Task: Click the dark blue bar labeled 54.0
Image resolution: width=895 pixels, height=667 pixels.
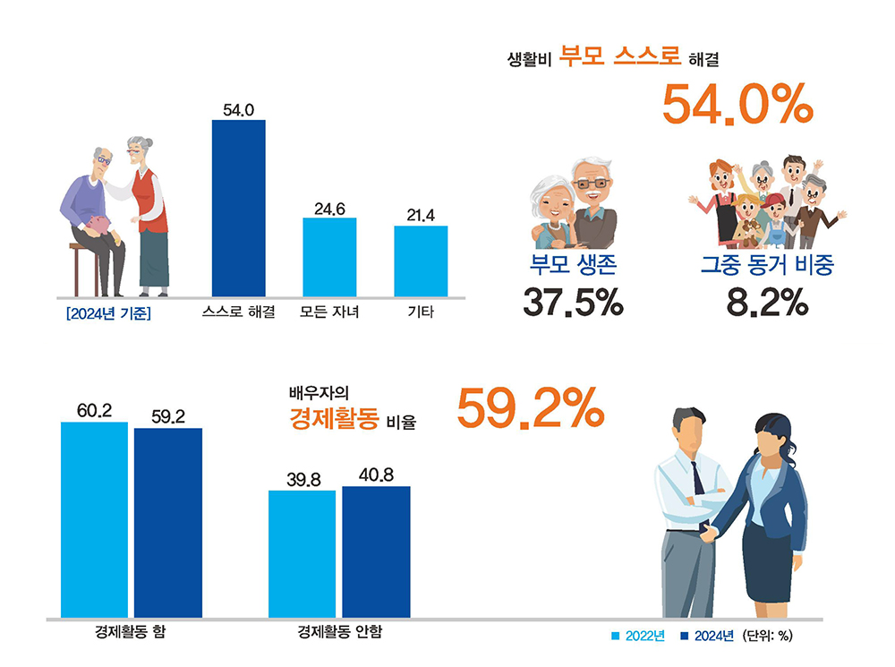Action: tap(238, 208)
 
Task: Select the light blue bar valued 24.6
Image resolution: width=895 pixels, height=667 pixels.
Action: tap(329, 257)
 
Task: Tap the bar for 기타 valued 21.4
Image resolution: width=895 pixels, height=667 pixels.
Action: tap(421, 261)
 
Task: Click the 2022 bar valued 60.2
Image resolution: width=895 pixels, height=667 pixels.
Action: tap(94, 519)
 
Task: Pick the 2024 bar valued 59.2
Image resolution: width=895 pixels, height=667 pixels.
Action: tap(168, 523)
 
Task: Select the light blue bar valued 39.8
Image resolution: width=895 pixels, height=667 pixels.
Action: tap(303, 553)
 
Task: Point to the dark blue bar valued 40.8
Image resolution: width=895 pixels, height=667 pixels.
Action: tap(376, 552)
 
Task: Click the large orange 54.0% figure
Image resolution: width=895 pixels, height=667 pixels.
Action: tap(737, 105)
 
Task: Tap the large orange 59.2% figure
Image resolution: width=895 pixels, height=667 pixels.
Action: tap(531, 409)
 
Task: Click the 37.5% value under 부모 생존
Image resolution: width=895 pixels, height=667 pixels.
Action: tap(573, 304)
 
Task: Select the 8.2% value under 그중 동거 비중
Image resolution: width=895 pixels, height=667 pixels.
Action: tap(767, 304)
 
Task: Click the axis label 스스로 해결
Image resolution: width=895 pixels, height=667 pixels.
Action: tap(238, 313)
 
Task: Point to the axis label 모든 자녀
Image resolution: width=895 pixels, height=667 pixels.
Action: tap(329, 313)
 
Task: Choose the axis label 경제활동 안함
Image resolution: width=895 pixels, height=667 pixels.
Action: tap(339, 632)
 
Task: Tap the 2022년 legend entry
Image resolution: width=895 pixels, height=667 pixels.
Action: tap(637, 636)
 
